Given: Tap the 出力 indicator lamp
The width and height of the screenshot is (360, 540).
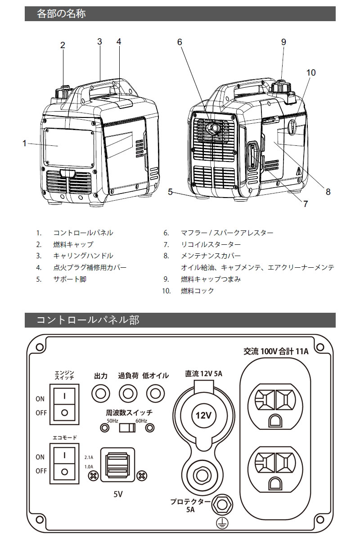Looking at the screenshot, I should [100, 394].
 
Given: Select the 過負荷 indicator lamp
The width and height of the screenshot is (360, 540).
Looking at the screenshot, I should [128, 394].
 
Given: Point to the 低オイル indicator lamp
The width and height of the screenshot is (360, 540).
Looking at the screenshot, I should [156, 394].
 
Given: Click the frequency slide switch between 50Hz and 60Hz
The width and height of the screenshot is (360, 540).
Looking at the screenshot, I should [126, 427].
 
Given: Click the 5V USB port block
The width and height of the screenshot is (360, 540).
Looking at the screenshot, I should [117, 464].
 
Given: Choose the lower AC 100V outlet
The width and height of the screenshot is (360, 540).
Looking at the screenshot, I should [275, 468].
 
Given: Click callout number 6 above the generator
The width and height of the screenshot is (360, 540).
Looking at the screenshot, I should [180, 42].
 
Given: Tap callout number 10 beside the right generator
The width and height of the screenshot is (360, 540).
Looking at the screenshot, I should [311, 72].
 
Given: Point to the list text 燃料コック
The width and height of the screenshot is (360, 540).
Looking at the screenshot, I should [197, 291].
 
